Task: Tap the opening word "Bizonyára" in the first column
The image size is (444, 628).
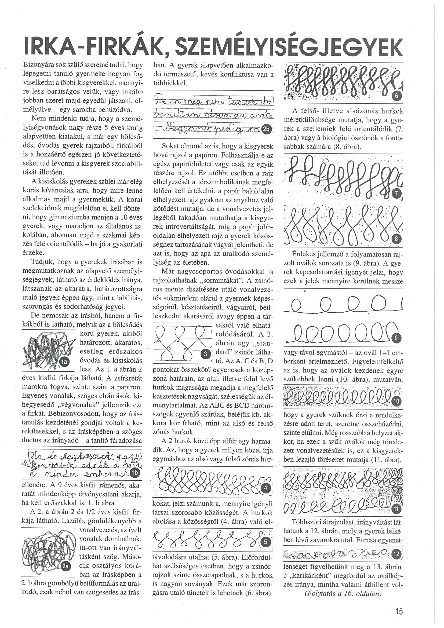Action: tap(38, 65)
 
